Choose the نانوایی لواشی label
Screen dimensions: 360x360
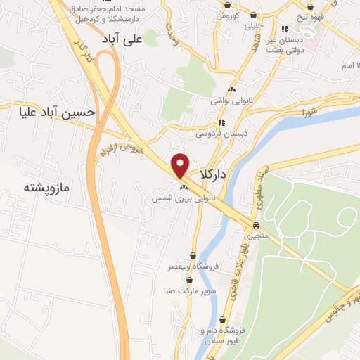coord(233,101)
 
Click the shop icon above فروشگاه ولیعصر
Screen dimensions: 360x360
coord(193,255)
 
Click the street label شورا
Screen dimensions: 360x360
coord(309,110)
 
